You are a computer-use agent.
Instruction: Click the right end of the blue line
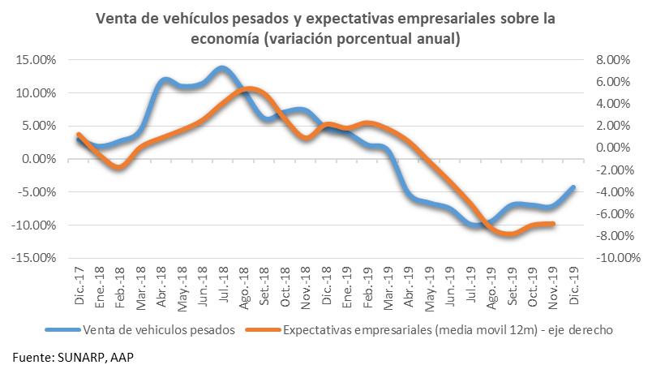tap(574, 187)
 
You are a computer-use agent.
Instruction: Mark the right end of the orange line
tap(553, 223)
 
